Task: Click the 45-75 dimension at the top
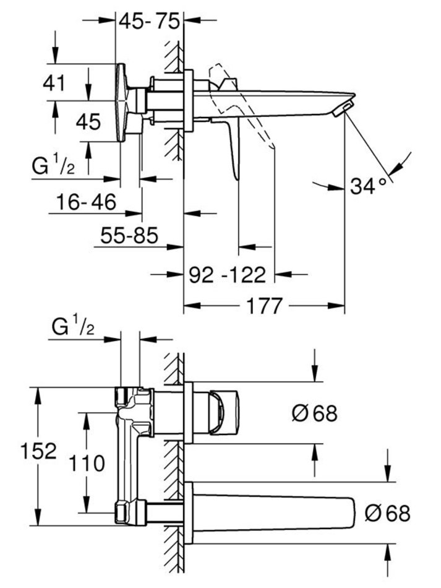click(x=149, y=21)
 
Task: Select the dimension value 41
click(x=54, y=83)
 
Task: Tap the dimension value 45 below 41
click(x=88, y=122)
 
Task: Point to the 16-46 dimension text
click(x=86, y=202)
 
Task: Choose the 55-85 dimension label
click(x=129, y=235)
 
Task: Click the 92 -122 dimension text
click(x=227, y=275)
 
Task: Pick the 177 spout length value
click(x=263, y=306)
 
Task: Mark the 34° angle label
click(x=368, y=186)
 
